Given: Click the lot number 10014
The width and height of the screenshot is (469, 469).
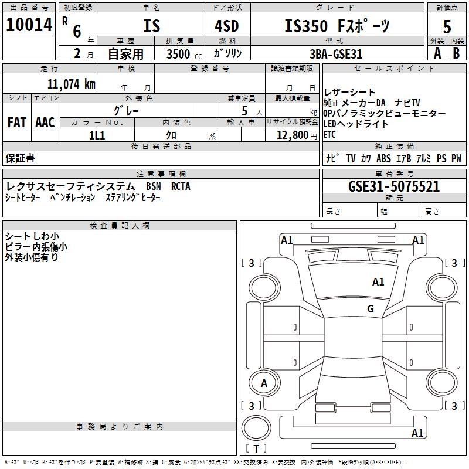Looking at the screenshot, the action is pyautogui.click(x=29, y=25).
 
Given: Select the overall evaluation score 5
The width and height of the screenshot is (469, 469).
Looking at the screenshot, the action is pyautogui.click(x=447, y=26).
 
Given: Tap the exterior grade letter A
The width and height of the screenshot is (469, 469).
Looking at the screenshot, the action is pyautogui.click(x=437, y=53).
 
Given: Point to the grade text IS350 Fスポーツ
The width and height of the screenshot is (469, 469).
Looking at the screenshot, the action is pyautogui.click(x=337, y=26).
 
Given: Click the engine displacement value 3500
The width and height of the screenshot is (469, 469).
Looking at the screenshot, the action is pyautogui.click(x=178, y=54).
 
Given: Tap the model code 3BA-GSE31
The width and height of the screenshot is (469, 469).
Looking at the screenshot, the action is pyautogui.click(x=336, y=54).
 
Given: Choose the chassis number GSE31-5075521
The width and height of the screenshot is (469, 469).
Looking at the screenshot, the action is pyautogui.click(x=394, y=186).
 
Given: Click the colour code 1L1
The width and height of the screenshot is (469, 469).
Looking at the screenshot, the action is pyautogui.click(x=97, y=135).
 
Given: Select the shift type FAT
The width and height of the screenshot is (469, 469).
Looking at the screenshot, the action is pyautogui.click(x=16, y=123).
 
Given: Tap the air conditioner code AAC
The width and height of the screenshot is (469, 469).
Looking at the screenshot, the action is pyautogui.click(x=45, y=123).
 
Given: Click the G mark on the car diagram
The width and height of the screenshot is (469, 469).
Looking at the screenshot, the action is pyautogui.click(x=370, y=309).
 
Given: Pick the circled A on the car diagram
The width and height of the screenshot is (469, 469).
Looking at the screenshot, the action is pyautogui.click(x=264, y=383).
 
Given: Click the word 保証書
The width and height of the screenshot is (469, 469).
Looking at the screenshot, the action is pyautogui.click(x=20, y=158).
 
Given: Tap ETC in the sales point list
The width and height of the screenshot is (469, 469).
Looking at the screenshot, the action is pyautogui.click(x=329, y=134).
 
